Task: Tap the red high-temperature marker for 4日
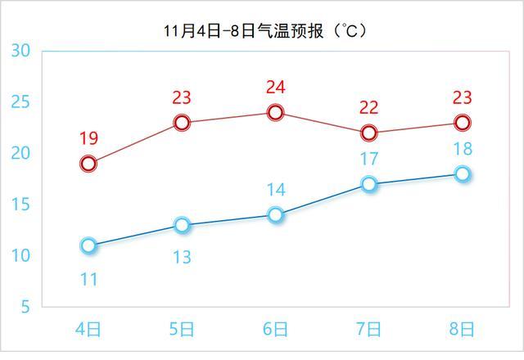click(88, 164)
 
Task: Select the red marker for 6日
click(276, 112)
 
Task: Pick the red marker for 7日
click(369, 133)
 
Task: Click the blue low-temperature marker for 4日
click(88, 245)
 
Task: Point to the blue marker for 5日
click(182, 225)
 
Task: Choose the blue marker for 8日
click(463, 173)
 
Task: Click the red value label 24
click(276, 88)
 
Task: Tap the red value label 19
click(88, 139)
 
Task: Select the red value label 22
click(369, 108)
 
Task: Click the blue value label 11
click(88, 280)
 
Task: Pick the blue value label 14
click(276, 191)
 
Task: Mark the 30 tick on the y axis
click(21, 51)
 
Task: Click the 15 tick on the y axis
click(21, 205)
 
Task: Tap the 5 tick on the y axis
click(25, 307)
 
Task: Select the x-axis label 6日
click(276, 330)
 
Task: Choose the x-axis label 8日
click(463, 330)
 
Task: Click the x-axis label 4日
click(88, 330)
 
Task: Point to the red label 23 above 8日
click(463, 98)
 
